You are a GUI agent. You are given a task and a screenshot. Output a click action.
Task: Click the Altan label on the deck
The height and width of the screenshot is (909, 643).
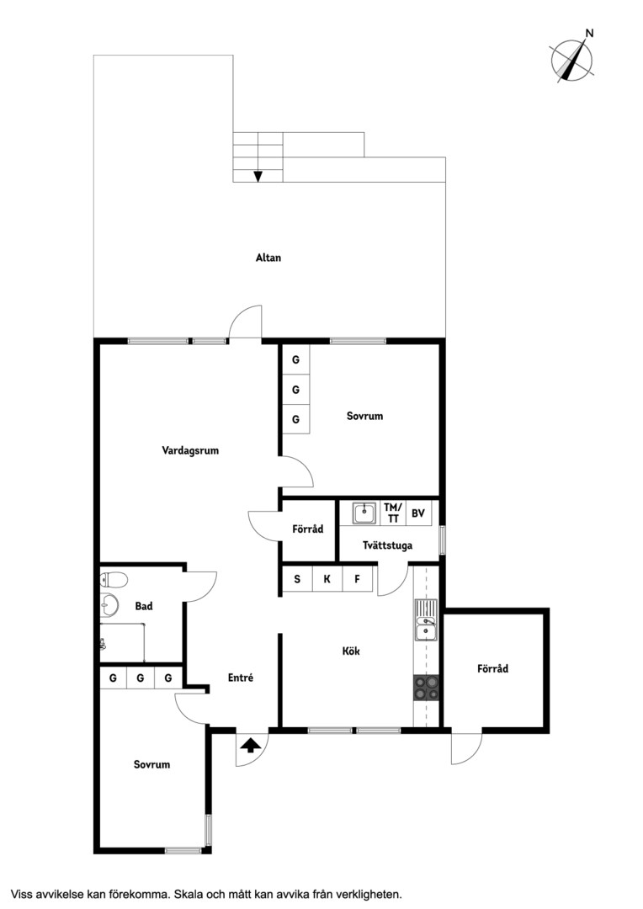(x=268, y=258)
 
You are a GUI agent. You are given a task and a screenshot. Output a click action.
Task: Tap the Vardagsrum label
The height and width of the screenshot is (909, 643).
(x=190, y=450)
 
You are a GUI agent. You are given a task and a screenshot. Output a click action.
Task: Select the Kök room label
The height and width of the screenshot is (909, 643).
(x=351, y=651)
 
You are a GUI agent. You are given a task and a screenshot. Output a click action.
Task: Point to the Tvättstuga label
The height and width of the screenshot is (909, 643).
(x=387, y=545)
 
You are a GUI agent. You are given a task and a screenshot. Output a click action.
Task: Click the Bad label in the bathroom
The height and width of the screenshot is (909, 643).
(x=144, y=606)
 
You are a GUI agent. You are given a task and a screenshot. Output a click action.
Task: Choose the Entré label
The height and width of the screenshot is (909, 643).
(x=240, y=678)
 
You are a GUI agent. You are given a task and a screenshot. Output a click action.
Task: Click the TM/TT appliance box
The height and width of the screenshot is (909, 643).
(x=392, y=513)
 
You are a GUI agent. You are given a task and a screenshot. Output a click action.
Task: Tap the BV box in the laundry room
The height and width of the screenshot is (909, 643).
(x=418, y=513)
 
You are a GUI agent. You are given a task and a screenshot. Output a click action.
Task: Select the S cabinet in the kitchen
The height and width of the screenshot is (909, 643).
(x=297, y=578)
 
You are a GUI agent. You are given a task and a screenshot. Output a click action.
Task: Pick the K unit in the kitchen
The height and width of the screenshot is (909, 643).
(x=327, y=578)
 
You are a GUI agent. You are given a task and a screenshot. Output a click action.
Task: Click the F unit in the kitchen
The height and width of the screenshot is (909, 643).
(x=357, y=578)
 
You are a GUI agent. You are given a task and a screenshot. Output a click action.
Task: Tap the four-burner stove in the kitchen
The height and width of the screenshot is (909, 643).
(x=426, y=688)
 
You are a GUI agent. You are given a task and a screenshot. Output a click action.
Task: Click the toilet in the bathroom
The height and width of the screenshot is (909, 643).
(x=114, y=578)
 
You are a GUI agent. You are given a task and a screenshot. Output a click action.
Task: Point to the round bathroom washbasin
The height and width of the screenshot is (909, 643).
(x=109, y=605)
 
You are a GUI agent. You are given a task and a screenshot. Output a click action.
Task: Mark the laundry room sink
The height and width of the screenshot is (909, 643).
(x=364, y=513)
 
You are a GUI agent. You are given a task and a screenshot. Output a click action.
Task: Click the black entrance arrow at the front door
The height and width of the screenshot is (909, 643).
(x=250, y=746)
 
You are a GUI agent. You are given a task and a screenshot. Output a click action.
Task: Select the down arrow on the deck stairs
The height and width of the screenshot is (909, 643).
(x=258, y=176)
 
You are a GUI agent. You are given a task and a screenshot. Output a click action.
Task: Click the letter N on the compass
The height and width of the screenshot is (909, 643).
(x=590, y=33)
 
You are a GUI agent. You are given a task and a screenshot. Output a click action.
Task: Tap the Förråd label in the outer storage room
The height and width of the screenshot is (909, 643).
(x=493, y=668)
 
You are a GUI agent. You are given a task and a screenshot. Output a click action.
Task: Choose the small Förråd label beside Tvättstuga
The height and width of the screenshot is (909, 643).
(x=308, y=529)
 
